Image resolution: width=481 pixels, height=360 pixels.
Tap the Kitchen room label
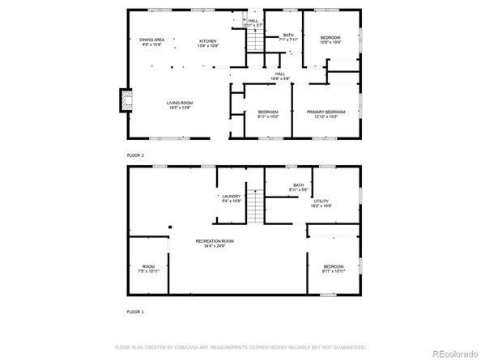[208, 42]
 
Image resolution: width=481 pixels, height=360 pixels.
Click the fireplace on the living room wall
[124, 100]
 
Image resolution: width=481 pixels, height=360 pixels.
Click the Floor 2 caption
[135, 155]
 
